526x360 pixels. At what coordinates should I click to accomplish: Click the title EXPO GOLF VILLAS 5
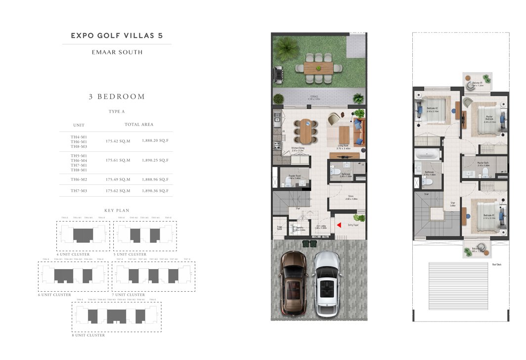117,36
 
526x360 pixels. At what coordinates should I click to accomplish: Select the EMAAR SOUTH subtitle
117,52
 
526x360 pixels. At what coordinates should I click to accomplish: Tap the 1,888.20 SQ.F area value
155,140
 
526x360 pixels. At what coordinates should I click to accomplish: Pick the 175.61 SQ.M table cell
118,160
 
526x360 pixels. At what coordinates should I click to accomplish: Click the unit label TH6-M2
79,180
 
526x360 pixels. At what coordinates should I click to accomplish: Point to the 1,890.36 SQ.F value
155,190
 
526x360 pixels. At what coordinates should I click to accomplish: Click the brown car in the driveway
293,283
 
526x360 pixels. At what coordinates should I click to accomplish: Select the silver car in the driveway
327,283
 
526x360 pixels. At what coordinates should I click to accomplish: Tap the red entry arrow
339,226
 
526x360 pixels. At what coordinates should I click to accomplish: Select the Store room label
351,196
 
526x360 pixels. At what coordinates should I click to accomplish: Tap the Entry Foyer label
353,225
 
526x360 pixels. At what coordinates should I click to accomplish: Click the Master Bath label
483,163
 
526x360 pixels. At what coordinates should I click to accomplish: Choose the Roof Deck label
497,265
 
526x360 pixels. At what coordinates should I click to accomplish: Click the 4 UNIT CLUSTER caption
73,254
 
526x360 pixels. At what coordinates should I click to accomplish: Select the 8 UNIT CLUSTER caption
88,335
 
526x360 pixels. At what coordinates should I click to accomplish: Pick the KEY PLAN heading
117,210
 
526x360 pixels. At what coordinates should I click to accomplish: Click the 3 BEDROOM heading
117,96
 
